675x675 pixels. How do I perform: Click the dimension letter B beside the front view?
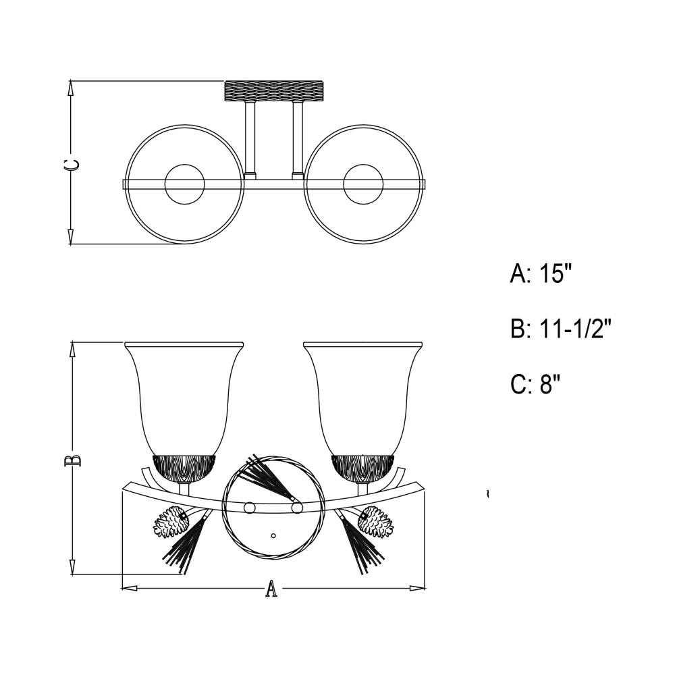(72, 459)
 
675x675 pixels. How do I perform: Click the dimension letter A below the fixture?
(271, 589)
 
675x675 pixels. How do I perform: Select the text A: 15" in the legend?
(541, 273)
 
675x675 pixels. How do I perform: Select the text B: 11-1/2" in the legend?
(561, 329)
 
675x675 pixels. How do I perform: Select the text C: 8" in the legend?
(536, 385)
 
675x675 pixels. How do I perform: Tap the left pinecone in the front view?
(171, 521)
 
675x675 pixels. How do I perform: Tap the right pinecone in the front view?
(375, 521)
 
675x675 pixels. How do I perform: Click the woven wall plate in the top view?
(274, 91)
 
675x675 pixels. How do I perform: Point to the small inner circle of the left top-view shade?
(184, 184)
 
